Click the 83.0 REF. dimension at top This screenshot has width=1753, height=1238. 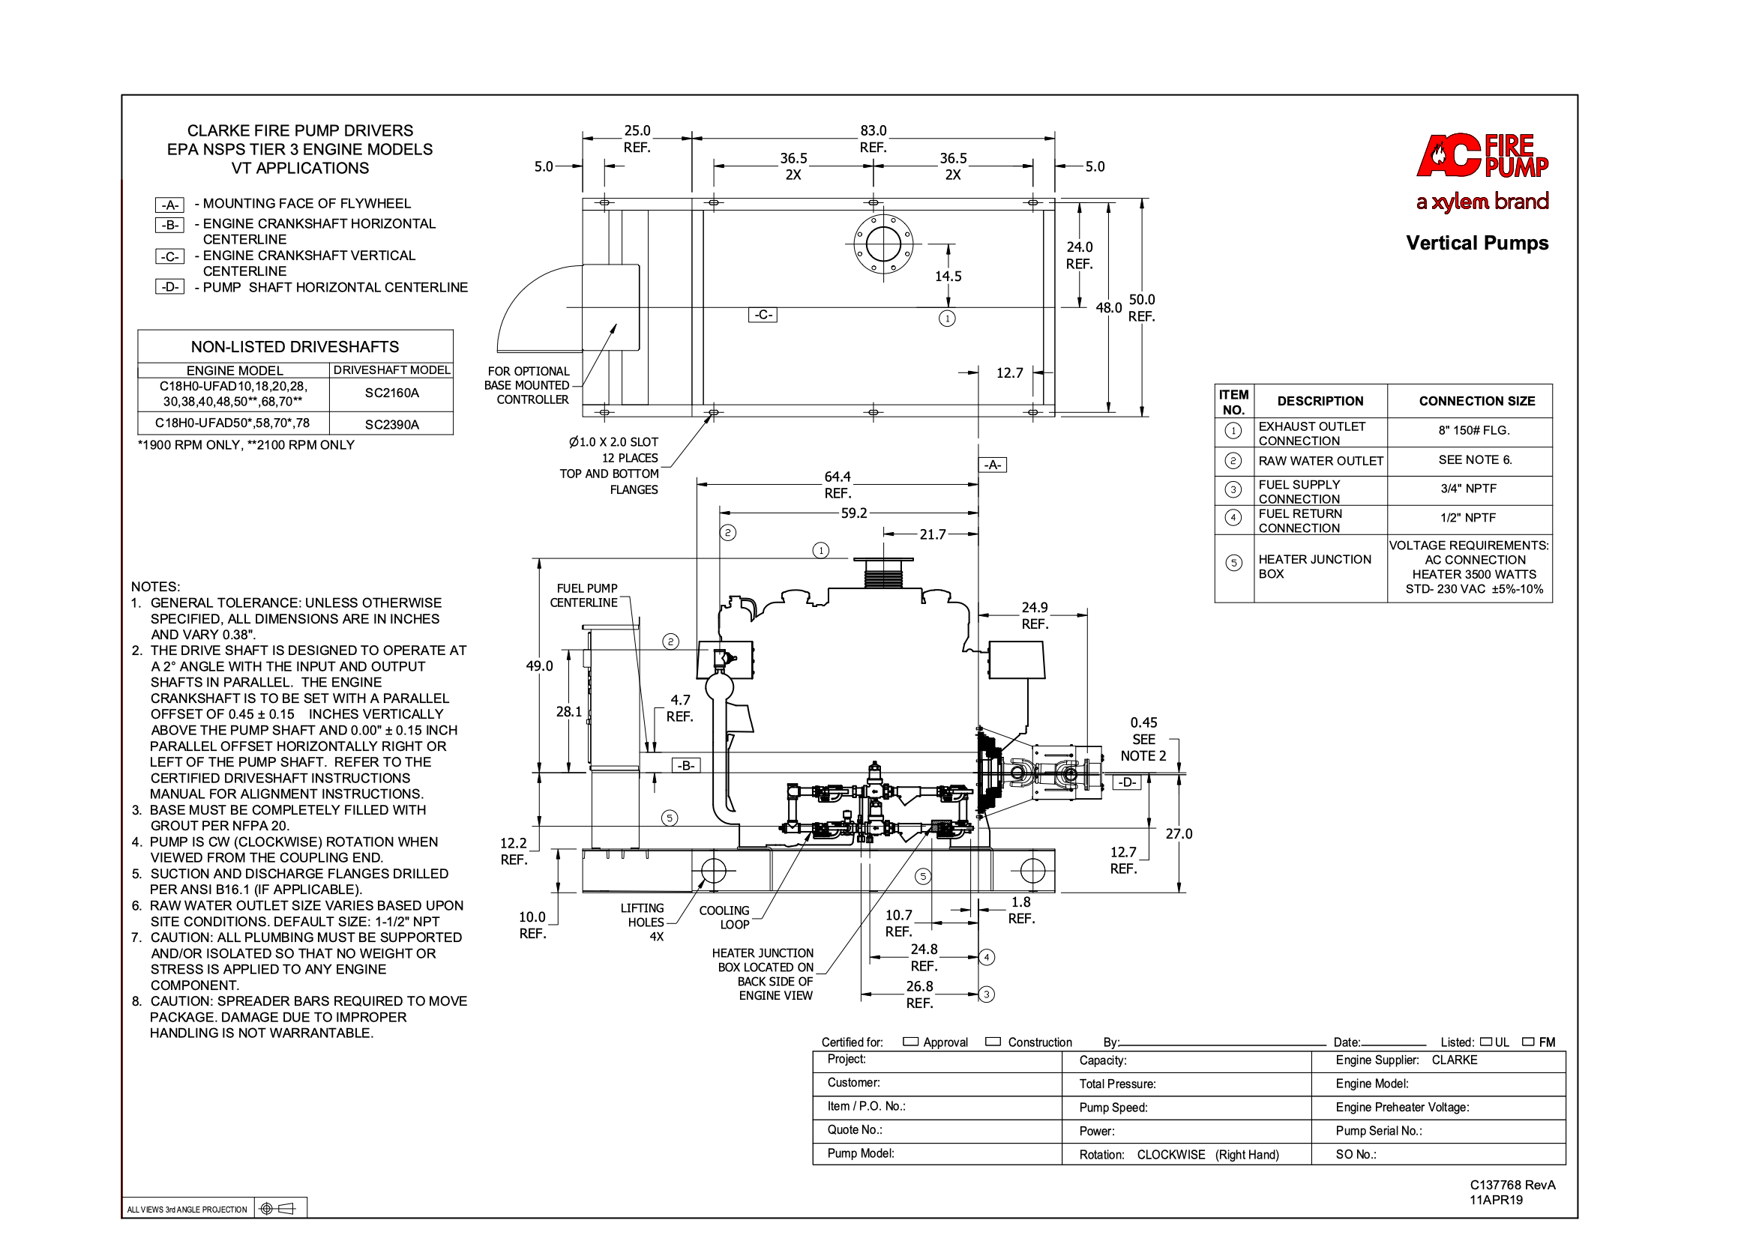874,139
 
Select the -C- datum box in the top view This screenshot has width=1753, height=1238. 762,315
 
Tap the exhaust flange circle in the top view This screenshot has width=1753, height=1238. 883,244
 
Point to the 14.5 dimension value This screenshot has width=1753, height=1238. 948,277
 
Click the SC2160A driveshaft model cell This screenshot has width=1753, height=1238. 391,393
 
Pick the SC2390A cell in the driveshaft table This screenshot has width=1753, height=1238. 391,424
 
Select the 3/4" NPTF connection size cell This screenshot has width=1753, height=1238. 1468,489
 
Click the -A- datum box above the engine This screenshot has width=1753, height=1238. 993,465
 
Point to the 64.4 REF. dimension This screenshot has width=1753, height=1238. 838,485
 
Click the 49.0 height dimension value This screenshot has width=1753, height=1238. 539,665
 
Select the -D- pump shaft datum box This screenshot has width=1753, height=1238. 1127,782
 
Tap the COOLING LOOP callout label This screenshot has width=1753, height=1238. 724,917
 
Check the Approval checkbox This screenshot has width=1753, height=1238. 910,1042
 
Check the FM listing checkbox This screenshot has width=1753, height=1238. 1529,1042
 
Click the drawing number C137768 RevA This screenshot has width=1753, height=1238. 1512,1186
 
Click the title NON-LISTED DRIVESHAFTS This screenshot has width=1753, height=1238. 295,347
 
